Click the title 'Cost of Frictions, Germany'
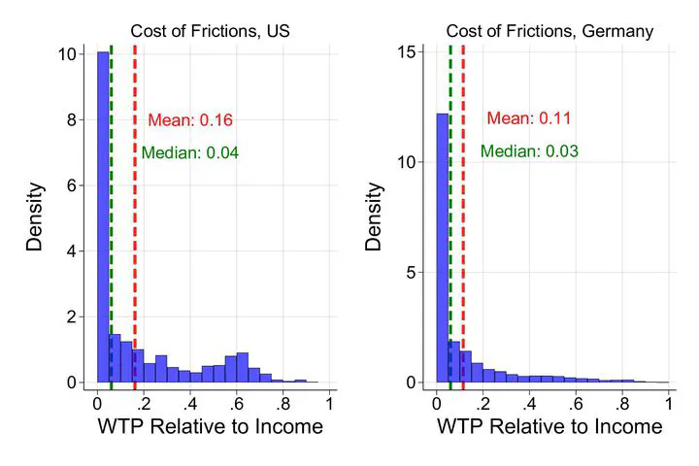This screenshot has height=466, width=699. coord(549,32)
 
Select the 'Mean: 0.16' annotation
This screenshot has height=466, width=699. coord(190,120)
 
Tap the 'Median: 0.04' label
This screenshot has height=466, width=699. coord(189,152)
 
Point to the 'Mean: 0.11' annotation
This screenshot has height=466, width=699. coord(528,118)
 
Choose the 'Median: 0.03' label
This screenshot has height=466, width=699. coord(529,151)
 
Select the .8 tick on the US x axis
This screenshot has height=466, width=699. coord(283,403)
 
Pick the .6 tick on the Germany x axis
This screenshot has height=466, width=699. coord(575,403)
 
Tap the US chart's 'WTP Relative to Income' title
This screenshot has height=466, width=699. coord(211,427)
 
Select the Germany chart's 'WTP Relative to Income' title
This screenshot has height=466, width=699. coord(549,427)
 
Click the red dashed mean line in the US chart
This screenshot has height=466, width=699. coord(135,243)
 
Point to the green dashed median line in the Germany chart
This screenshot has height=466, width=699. coord(450,243)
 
